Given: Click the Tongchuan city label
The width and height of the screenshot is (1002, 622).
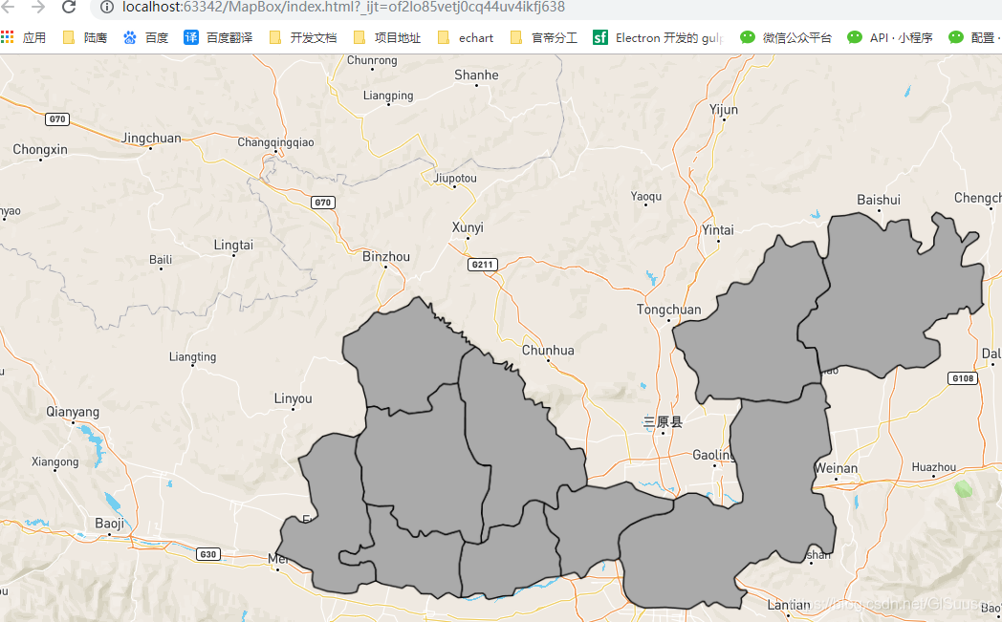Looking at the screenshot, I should coord(668,310).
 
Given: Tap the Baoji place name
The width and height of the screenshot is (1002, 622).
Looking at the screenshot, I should coord(110,523).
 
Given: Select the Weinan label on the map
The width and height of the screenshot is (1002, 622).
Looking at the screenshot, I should coord(837,468).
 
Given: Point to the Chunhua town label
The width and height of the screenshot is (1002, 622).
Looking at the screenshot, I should coord(548,351).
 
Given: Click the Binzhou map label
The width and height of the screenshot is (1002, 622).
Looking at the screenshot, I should coord(386,257).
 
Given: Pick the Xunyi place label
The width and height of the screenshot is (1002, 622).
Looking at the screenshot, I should coord(468,227).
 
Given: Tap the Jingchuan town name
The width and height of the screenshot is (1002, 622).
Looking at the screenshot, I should coord(151,139).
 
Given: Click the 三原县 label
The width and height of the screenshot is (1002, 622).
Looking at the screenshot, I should coord(663,421).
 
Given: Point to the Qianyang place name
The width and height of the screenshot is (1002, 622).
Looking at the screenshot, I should coord(73,412).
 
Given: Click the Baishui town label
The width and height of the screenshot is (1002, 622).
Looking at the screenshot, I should coord(879,200).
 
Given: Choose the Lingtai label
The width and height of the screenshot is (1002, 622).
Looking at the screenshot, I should coord(233,245).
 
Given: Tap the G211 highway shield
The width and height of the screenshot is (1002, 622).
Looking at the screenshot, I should coord(483,264).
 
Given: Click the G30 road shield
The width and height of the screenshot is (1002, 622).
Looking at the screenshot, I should coord(207,554).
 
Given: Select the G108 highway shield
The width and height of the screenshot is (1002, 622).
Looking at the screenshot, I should coord(963,379).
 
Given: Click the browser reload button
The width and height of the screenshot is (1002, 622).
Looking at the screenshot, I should coord(69,8).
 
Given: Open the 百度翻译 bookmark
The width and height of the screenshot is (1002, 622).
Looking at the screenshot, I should coord(219,38).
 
